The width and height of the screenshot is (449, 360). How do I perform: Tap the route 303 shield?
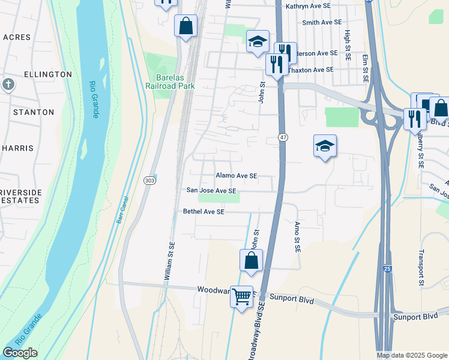tap(150, 180)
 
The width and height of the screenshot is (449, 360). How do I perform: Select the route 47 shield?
tap(283, 138)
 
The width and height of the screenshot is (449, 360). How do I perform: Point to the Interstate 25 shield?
tap(387, 270)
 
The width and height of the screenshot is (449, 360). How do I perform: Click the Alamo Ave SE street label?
tap(237, 176)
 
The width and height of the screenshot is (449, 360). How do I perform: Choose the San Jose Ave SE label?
tap(211, 191)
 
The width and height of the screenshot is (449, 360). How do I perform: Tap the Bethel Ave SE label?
tap(203, 212)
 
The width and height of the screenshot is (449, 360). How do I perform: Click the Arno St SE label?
tap(297, 236)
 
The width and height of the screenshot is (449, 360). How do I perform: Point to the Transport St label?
tap(422, 267)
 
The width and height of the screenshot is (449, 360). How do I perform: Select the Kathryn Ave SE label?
tap(308, 6)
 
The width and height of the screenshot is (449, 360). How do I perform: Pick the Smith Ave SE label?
tap(318, 23)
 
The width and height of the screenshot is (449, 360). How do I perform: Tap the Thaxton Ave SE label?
tap(310, 70)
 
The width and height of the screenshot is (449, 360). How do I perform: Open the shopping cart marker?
tap(242, 296)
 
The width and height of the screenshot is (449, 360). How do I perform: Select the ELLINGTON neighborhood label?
tap(47, 74)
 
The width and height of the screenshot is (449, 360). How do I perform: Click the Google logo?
tap(20, 353)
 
